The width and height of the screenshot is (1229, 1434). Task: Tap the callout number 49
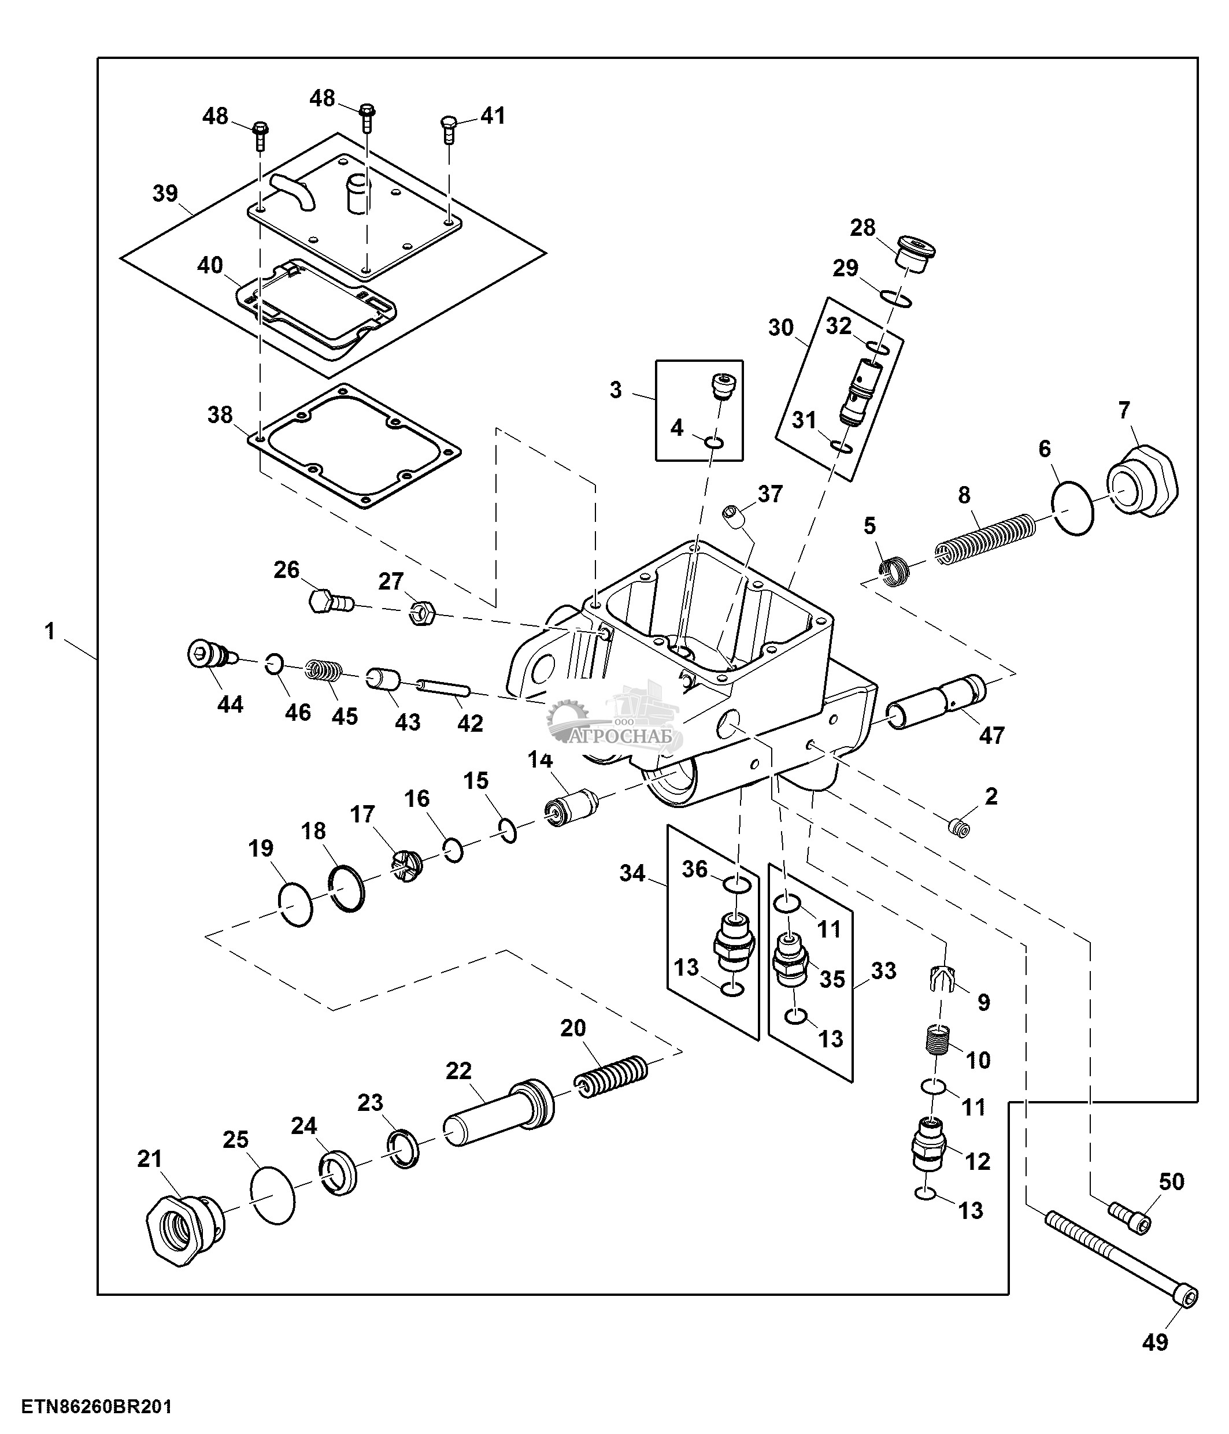1155,1343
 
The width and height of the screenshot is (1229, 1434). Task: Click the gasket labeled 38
355,446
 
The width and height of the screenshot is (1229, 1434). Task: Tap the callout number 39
165,193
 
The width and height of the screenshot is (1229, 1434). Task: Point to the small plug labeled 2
959,827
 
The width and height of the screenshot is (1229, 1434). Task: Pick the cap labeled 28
915,254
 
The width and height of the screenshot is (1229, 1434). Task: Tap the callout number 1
49,631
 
